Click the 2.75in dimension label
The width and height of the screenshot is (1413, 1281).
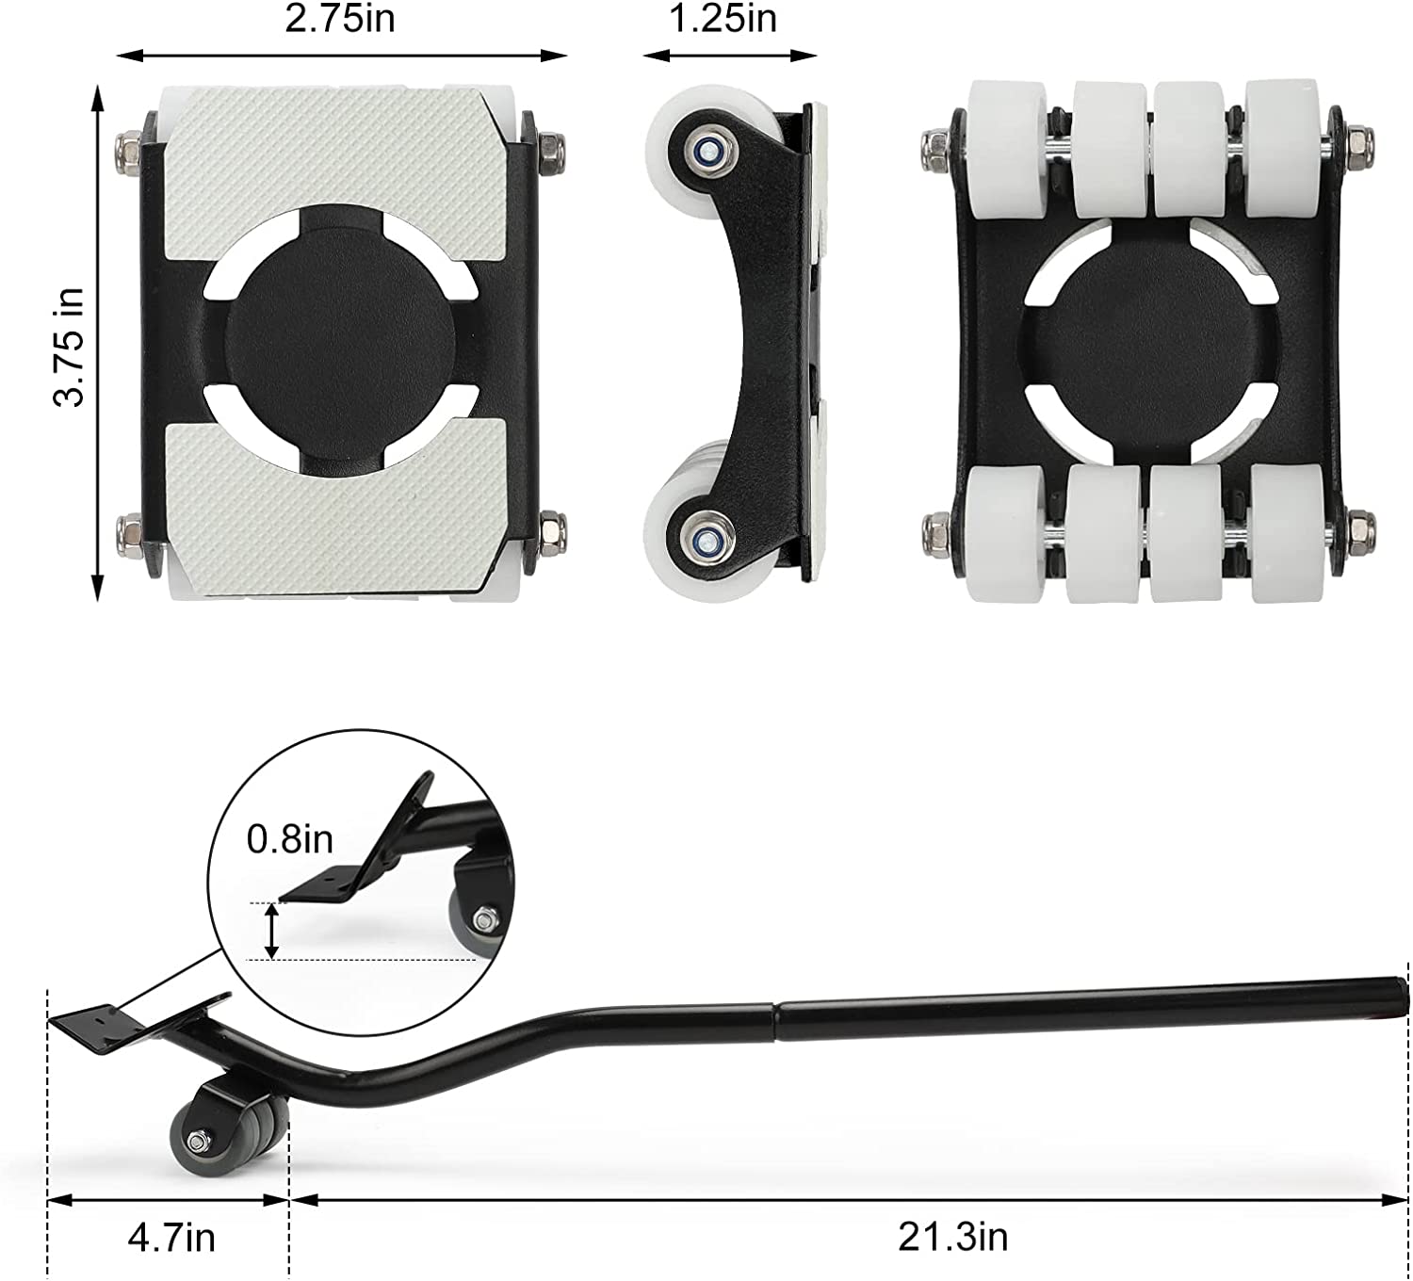pos(339,20)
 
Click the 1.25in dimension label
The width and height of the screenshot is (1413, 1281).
pos(723,20)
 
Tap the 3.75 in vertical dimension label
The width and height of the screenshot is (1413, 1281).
pos(69,347)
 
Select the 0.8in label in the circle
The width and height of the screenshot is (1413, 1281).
pos(289,839)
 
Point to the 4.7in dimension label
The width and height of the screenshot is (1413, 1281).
pos(171,1238)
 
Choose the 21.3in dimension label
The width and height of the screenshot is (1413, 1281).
pos(953,1238)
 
